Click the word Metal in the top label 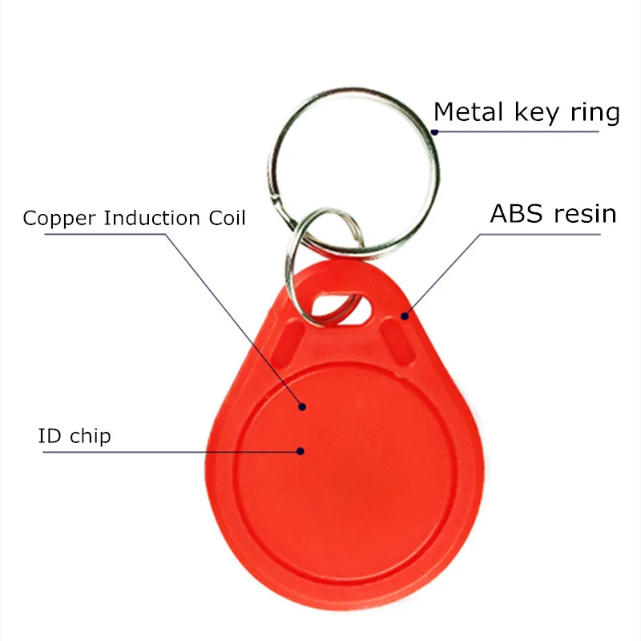point(466,112)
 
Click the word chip point(88,437)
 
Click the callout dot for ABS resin point(405,316)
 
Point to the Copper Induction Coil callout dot point(303,407)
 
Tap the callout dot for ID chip point(300,451)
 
